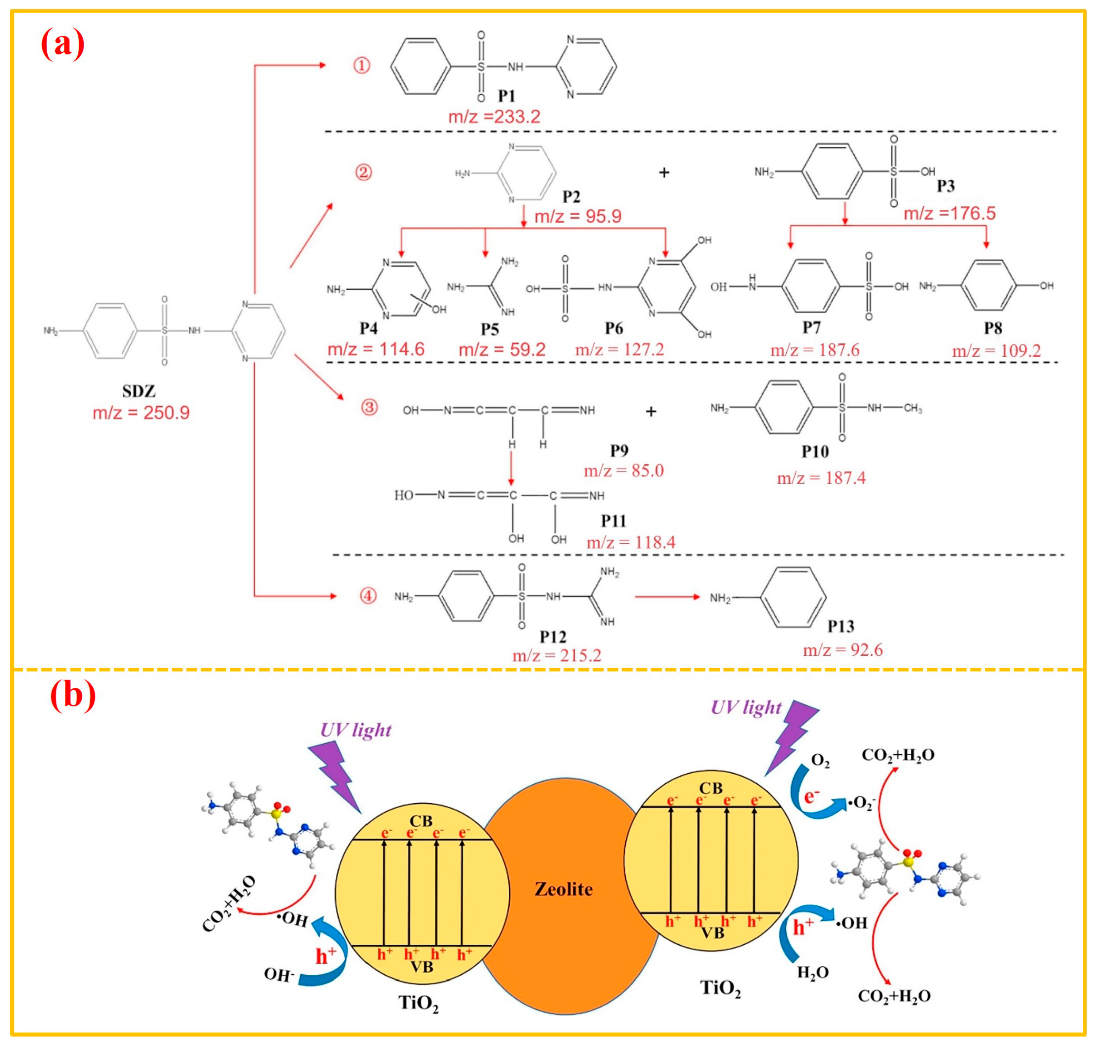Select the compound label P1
point(506,96)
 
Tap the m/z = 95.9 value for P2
point(578,216)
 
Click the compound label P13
point(840,626)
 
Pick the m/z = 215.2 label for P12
point(557,655)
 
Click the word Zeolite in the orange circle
point(563,889)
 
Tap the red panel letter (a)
point(63,44)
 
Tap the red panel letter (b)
point(73,695)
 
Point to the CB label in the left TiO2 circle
point(421,821)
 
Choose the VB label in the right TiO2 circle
point(713,932)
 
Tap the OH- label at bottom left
point(279,975)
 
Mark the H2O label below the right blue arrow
point(813,973)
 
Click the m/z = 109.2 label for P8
point(996,351)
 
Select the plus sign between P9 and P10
point(651,412)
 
